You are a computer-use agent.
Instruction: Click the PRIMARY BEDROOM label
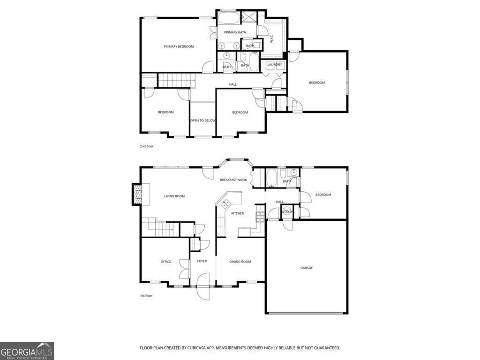[x=179, y=46]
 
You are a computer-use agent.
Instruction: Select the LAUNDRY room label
[x=275, y=65]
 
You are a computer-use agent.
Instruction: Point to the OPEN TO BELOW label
[x=202, y=120]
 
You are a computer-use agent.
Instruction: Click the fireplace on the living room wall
[x=137, y=194]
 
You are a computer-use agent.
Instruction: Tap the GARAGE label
[x=307, y=268]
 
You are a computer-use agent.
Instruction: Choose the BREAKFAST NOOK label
[x=233, y=180]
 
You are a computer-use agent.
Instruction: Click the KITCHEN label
[x=238, y=213]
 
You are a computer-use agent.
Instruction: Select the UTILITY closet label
[x=287, y=212]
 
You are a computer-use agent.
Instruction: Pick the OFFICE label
[x=165, y=262]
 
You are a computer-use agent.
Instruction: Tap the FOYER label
[x=202, y=262]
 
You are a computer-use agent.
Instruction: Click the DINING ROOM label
[x=240, y=262]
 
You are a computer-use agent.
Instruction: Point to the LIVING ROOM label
[x=174, y=196]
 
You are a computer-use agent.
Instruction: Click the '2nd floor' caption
[x=146, y=146]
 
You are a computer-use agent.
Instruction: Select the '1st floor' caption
[x=146, y=295]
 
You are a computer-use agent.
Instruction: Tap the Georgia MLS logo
[x=27, y=351]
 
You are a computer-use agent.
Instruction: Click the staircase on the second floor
[x=176, y=80]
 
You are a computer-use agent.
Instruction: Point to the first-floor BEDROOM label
[x=323, y=195]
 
